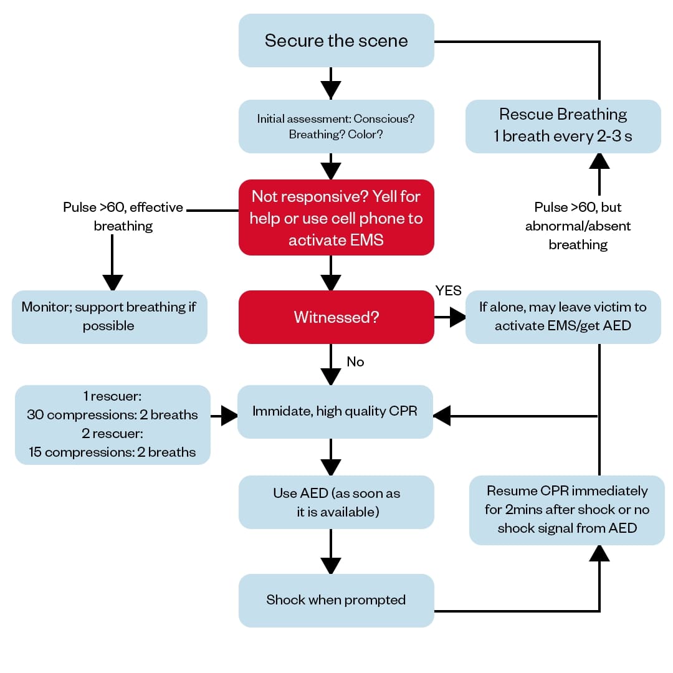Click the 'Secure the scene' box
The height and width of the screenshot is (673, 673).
click(336, 41)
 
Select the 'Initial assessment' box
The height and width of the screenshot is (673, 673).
click(336, 126)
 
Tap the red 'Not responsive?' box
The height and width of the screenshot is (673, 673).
click(336, 218)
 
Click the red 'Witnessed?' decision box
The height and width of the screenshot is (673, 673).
click(336, 317)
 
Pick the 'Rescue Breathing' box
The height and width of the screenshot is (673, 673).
click(563, 126)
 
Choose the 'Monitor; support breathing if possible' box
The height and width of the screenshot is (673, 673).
click(109, 317)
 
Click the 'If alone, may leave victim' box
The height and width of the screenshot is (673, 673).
click(563, 317)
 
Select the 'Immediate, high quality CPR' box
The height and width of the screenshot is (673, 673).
click(336, 411)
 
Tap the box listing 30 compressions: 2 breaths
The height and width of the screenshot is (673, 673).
click(112, 424)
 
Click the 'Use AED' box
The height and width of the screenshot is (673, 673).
click(336, 502)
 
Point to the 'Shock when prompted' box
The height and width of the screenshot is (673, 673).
click(336, 600)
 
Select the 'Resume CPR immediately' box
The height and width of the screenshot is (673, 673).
click(566, 510)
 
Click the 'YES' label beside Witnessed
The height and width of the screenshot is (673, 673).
click(448, 291)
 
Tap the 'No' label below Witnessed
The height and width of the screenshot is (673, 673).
click(355, 362)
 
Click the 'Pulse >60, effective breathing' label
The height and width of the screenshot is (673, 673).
click(123, 216)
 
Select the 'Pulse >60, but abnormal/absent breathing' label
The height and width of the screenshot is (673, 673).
click(578, 226)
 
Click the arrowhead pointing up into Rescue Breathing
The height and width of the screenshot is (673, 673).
click(599, 161)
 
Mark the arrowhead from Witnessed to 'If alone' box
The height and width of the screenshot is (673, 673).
click(458, 317)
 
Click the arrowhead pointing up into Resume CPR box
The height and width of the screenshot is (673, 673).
click(599, 553)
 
